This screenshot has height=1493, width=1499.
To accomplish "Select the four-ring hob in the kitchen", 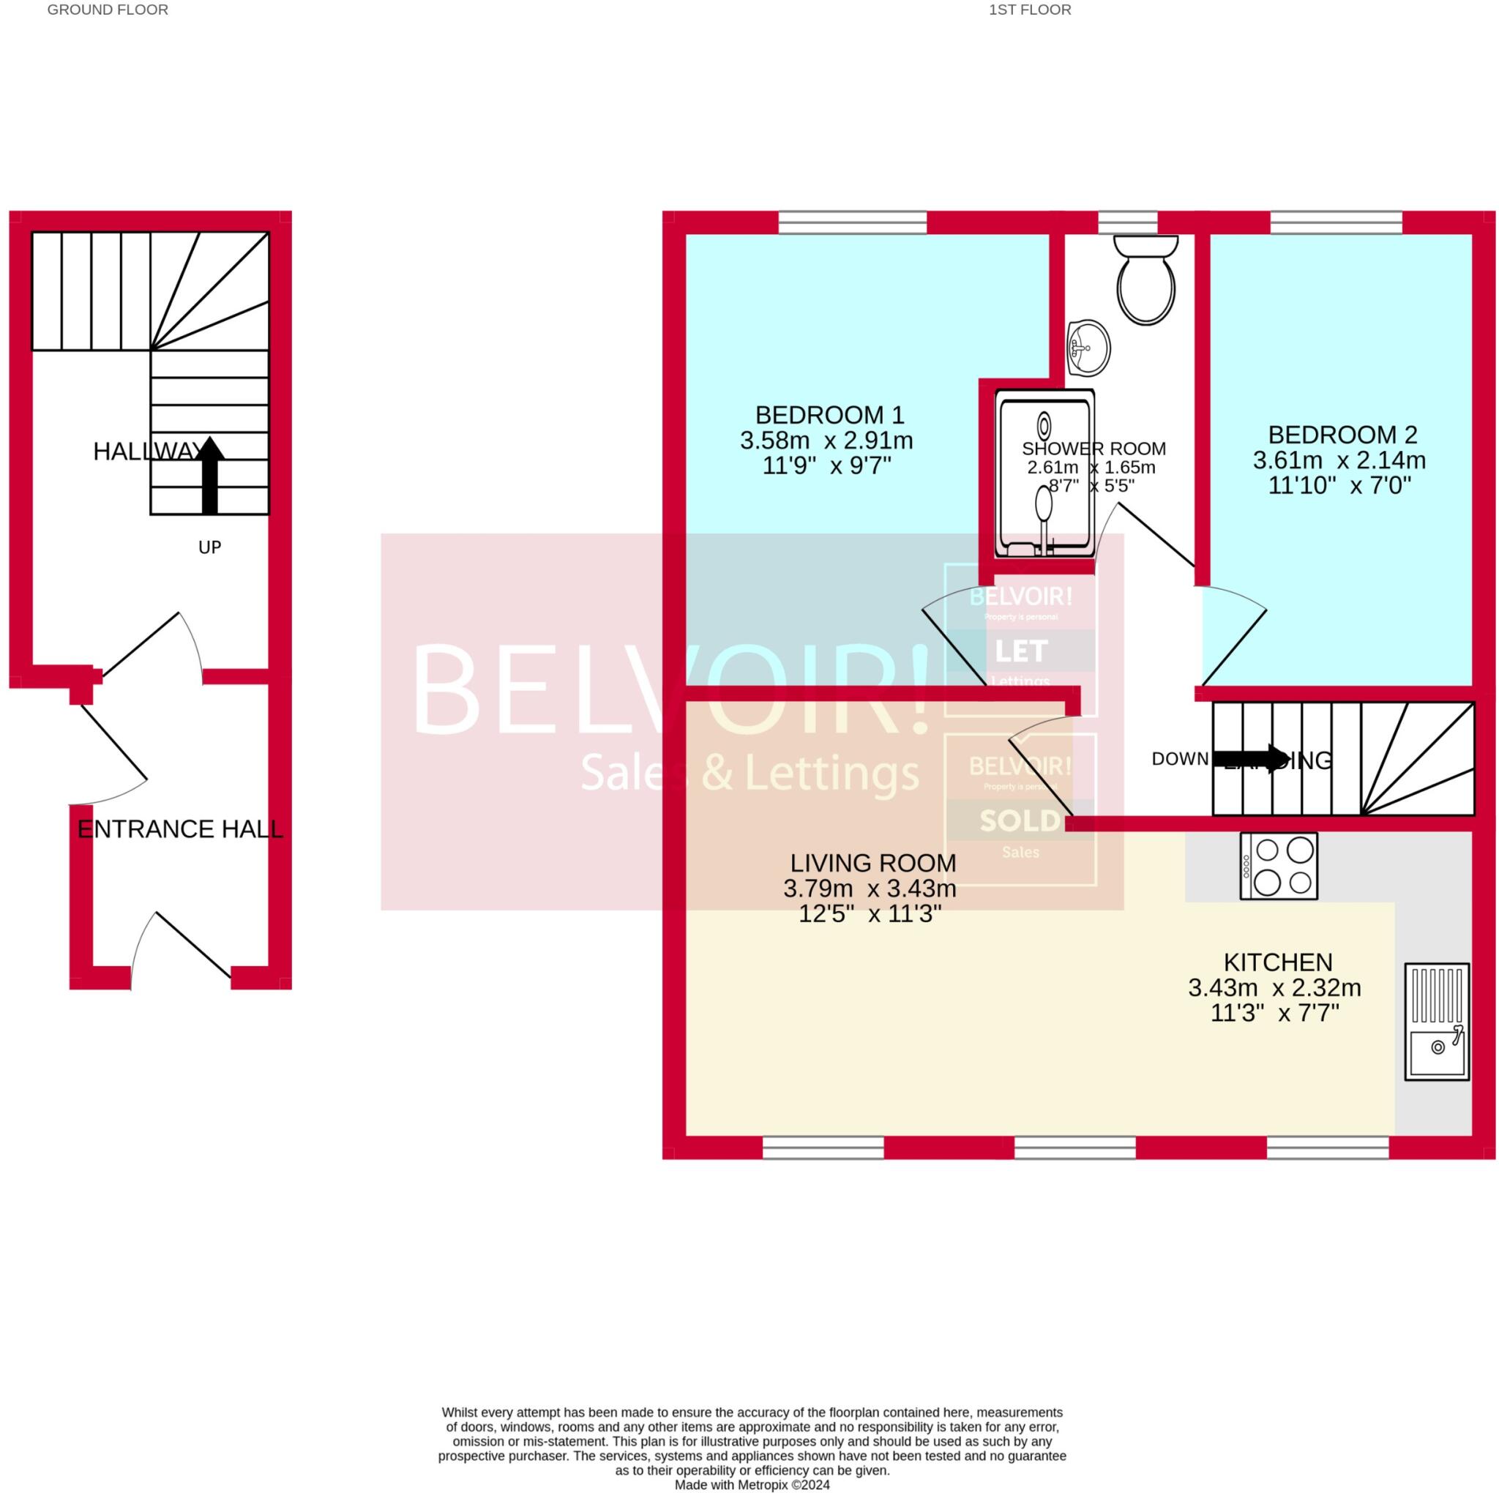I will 1278,865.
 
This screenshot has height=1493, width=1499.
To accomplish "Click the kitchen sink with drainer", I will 1436,1020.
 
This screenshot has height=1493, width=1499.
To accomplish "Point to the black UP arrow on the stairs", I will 209,474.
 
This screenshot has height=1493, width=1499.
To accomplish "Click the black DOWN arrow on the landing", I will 1249,757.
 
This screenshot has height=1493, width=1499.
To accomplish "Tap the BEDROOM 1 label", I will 829,414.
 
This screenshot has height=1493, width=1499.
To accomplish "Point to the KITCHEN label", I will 1277,962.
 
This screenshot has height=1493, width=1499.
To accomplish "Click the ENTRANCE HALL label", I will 180,828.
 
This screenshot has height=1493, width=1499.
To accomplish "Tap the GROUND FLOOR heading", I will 108,10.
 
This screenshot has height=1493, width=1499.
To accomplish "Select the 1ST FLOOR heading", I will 1030,10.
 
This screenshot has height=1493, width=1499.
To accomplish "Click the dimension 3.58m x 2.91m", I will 826,441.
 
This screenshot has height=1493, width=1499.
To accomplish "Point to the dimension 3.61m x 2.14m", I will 1339,460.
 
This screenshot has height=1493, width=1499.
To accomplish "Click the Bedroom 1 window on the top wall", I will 852,222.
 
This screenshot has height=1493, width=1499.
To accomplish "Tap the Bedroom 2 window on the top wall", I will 1335,222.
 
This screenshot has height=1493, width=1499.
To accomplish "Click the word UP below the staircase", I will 209,547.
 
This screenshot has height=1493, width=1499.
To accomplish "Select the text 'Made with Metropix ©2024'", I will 751,1484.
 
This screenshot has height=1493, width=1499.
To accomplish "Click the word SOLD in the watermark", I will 1020,820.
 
